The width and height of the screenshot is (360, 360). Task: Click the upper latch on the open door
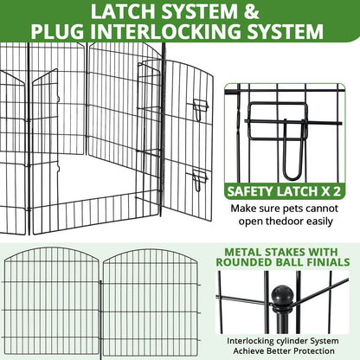tap(201, 110)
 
